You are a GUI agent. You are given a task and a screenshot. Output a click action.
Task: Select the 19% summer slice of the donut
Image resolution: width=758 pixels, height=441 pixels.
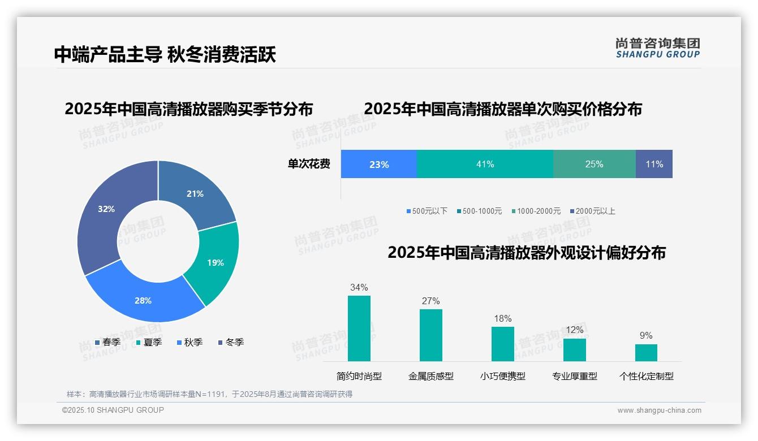tap(214, 262)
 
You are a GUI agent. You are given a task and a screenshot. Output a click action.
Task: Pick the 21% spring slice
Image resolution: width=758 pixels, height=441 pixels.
tap(195, 193)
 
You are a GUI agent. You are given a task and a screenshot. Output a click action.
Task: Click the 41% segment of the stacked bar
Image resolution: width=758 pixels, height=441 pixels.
tap(485, 164)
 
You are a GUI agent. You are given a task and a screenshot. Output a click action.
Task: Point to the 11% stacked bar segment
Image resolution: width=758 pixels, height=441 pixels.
tap(654, 164)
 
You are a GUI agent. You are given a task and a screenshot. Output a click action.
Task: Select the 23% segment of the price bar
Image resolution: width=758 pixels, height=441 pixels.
tap(379, 164)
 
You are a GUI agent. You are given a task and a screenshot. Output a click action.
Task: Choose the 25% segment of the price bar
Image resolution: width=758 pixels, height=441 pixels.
tap(594, 164)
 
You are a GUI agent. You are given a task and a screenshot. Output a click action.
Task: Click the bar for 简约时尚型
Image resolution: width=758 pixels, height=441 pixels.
tap(359, 328)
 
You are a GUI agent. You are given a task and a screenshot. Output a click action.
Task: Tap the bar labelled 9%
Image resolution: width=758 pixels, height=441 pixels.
tap(646, 352)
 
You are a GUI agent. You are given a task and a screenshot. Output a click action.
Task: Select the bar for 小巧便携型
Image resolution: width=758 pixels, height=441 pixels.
tap(503, 344)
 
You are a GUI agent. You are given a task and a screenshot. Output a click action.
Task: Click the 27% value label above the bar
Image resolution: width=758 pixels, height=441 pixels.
tap(430, 301)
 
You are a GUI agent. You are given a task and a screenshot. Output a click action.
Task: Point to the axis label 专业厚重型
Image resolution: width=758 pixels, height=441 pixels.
tap(575, 376)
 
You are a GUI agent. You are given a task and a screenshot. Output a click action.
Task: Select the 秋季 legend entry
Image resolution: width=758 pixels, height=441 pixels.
tap(190, 342)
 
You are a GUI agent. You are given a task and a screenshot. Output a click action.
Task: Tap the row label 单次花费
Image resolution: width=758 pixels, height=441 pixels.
tap(309, 165)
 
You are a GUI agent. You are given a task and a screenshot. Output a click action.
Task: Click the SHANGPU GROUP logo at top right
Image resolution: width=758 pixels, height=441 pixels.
tap(658, 47)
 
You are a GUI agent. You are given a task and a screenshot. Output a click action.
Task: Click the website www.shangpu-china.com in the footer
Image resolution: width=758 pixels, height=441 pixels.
tap(659, 410)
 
